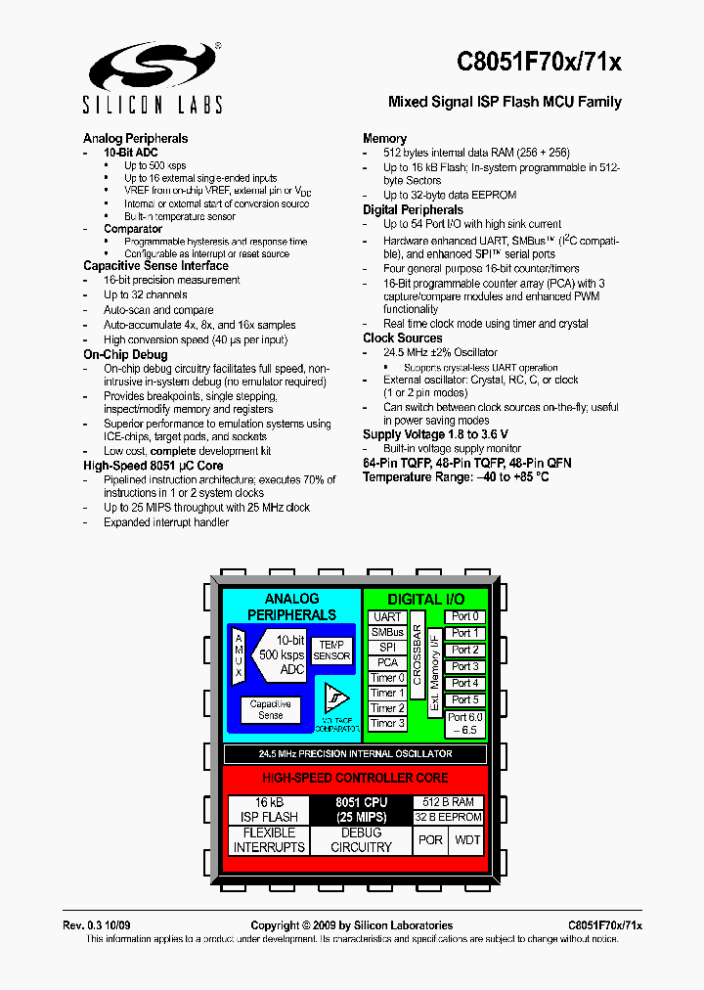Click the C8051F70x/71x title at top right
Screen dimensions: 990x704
coord(539,63)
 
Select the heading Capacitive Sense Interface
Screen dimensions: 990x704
coord(155,265)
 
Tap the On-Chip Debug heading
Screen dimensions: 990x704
coord(125,354)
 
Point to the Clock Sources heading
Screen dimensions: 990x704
coord(403,338)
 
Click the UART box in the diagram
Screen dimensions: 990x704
coord(388,617)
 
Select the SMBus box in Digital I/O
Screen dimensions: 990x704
coord(388,632)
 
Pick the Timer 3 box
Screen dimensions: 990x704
coord(388,723)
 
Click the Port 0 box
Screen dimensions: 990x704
coord(464,616)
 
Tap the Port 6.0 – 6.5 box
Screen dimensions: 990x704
coord(464,723)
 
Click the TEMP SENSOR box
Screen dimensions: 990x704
coord(331,651)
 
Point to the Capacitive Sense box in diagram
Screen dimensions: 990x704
coord(270,709)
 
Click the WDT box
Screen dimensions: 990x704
coord(468,839)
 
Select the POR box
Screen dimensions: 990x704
coord(430,839)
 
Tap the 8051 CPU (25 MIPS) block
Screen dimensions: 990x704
coord(362,809)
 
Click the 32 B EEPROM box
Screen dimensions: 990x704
coord(447,817)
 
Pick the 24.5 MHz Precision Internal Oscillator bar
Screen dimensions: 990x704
coord(355,754)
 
